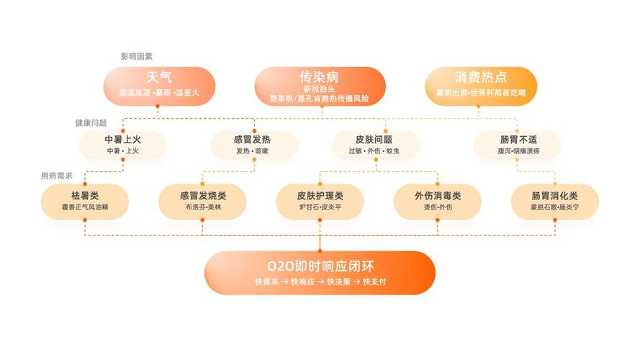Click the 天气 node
159,86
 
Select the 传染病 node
320,86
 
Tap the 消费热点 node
481,86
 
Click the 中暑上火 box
123,145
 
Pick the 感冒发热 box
254,145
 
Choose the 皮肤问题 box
376,145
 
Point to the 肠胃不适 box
517,145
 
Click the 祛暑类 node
85,202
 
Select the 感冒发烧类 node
202,202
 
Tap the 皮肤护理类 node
320,202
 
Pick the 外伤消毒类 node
438,202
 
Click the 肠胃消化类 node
555,202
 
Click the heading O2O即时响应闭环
320,266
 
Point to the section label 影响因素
136,56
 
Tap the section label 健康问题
91,123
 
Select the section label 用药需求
57,176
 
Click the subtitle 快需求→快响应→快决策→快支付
320,282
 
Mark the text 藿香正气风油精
85,207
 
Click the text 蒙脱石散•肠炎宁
555,207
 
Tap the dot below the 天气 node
158,106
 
